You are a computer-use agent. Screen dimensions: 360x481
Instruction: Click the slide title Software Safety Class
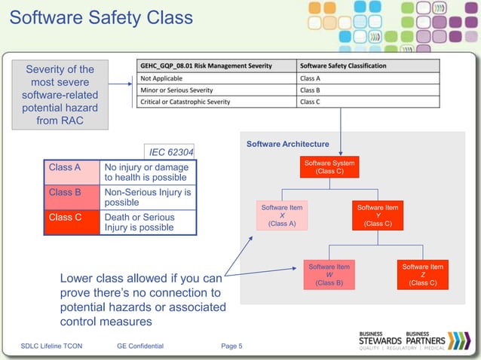101,17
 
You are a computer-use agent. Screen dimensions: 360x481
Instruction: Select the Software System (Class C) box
329,166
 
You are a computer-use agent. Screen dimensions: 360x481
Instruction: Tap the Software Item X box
281,215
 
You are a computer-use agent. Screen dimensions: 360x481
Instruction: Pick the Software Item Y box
377,215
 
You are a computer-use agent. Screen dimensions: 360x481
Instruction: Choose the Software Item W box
329,275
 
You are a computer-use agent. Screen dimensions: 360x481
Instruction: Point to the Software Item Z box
422,275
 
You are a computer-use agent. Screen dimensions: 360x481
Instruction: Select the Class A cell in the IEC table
72,172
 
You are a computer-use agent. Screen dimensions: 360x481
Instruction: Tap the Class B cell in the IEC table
72,197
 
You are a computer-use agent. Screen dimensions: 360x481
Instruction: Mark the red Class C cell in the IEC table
72,222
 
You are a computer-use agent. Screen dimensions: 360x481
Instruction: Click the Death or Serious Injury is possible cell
148,222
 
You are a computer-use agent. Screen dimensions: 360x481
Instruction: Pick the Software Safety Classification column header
343,66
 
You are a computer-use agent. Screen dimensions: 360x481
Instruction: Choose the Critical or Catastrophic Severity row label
185,102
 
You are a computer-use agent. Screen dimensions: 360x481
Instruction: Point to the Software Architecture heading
287,144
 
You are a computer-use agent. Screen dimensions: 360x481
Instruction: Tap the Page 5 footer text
231,346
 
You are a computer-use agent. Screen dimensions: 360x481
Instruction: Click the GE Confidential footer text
140,346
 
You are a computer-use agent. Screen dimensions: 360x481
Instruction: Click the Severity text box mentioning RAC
60,95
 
